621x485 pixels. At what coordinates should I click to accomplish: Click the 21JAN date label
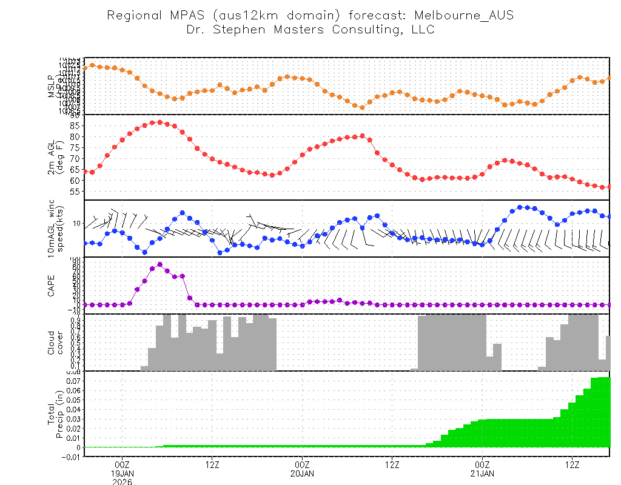pos(482,473)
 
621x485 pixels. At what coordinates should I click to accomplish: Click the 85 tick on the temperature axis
pos(75,125)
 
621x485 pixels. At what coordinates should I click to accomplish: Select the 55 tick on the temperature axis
pos(75,192)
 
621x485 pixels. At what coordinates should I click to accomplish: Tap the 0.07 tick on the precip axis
pos(72,381)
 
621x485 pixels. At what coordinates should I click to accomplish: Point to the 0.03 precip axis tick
pos(72,419)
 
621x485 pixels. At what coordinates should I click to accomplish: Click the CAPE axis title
pos(52,285)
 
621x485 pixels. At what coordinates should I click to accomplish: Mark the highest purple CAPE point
pos(159,264)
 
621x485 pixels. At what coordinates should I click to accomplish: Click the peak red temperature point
pos(159,122)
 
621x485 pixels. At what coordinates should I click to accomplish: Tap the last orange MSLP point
pos(609,78)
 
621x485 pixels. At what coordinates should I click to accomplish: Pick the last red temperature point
pos(609,187)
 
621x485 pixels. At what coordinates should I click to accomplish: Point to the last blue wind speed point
pos(609,216)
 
